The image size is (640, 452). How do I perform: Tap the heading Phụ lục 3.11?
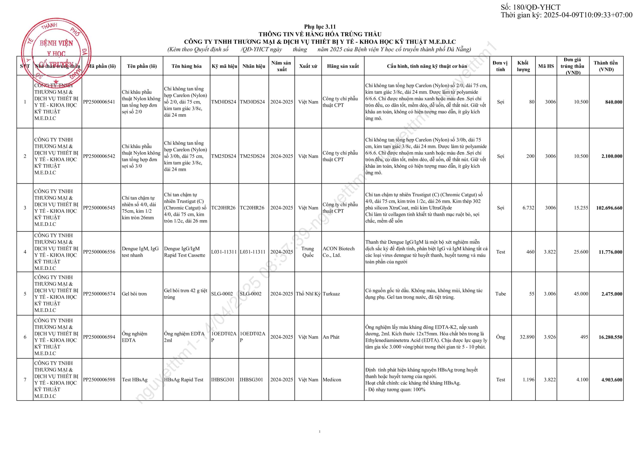pos(320,27)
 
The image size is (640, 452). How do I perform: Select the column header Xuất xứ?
pos(308,66)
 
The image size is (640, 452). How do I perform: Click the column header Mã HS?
pos(546,66)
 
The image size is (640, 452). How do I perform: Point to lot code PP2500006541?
pos(99,102)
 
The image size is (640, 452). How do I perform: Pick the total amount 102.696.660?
pos(609,208)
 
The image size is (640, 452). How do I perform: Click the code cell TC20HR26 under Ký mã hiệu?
pos(223,208)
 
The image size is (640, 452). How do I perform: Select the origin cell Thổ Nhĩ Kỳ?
pos(308,294)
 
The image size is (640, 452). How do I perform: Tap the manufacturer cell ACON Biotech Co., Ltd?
pos(338,252)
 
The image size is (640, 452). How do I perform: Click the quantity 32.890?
pos(527,337)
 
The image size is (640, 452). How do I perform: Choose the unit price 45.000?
pos(581,294)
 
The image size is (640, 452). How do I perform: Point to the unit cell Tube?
pos(500,294)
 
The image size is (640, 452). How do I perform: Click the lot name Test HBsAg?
pos(135,380)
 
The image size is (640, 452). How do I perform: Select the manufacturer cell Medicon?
pos(332,380)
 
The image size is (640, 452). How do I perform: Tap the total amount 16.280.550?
pos(610,337)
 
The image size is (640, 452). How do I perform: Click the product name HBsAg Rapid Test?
pos(183,380)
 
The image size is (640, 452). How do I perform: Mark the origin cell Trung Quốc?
pos(308,252)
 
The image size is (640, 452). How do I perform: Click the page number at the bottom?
pos(319,432)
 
